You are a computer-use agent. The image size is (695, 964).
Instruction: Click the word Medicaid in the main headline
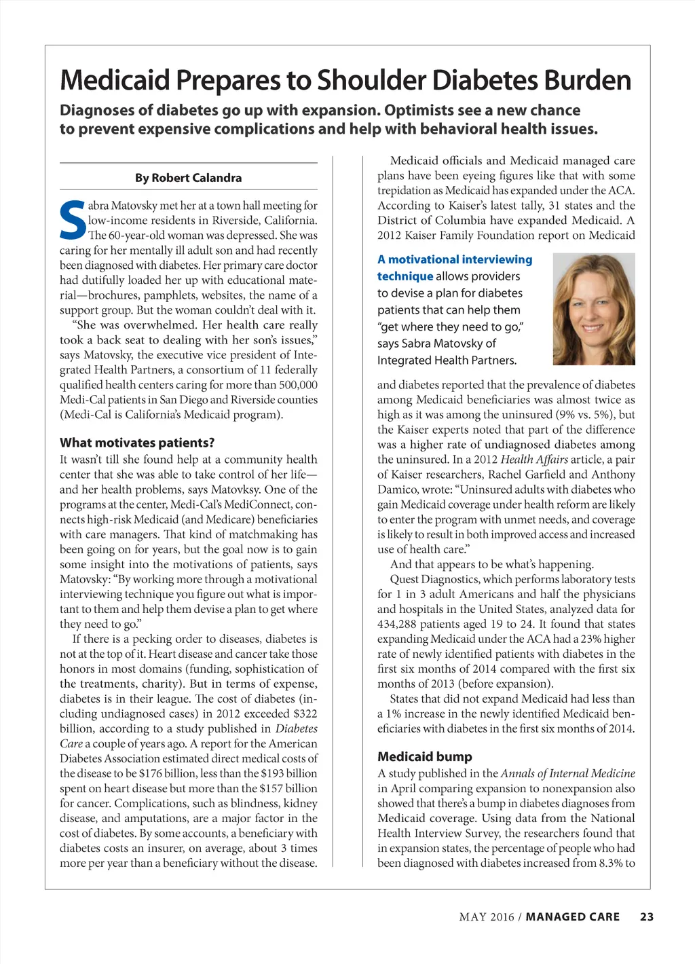tap(115, 81)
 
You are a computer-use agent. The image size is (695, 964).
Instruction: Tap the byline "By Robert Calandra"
tap(188, 178)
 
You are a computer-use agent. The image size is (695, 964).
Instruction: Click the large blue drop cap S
tap(73, 220)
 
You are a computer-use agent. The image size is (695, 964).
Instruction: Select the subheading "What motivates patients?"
tap(137, 443)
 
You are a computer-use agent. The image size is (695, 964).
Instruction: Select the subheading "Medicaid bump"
tap(424, 756)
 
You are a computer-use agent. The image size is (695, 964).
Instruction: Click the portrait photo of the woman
tap(594, 309)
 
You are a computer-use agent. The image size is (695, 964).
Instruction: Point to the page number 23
tap(647, 916)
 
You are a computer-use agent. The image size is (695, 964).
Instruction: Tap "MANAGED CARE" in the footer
tap(573, 916)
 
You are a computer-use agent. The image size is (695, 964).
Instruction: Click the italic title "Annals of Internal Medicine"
tap(567, 773)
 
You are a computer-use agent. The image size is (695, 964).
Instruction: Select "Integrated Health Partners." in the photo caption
tap(447, 360)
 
